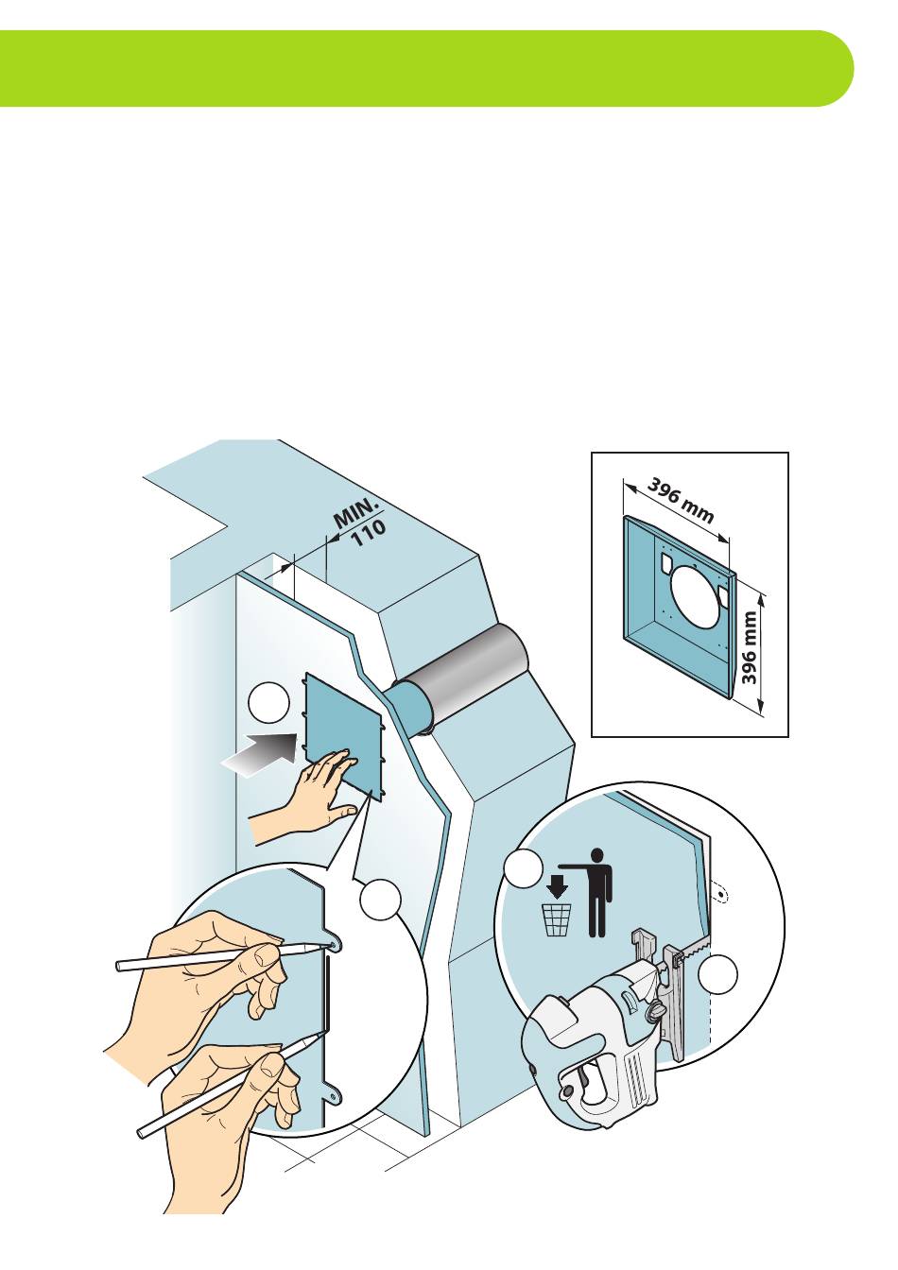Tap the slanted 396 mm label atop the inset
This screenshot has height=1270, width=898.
[x=681, y=500]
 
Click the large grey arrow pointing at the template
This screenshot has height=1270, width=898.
[x=261, y=753]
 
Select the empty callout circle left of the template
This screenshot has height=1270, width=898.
[x=269, y=703]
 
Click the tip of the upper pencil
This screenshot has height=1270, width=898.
[x=333, y=945]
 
